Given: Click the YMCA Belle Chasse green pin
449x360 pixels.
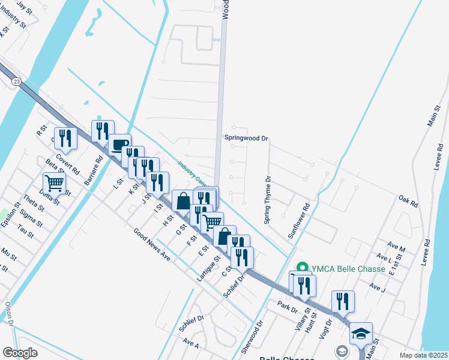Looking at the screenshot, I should [302, 269].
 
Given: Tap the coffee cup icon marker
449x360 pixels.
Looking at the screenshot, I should [119, 144].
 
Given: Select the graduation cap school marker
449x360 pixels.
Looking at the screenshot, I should [361, 333].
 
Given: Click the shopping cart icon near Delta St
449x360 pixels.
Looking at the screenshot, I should [54, 182].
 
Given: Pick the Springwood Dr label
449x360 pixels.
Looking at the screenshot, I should [246, 138].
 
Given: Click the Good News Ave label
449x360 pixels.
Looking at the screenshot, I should [152, 245].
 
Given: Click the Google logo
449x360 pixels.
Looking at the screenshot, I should [20, 353].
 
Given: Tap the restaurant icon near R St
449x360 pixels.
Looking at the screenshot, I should [65, 139].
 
